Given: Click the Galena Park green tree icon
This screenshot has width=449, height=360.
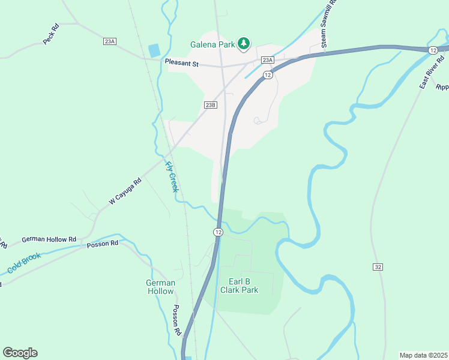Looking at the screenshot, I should pyautogui.click(x=244, y=43).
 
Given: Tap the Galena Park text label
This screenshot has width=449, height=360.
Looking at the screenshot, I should pyautogui.click(x=212, y=44).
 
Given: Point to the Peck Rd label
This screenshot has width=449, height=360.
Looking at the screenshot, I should pyautogui.click(x=51, y=34).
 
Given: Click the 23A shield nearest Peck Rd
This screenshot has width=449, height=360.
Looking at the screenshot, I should pyautogui.click(x=109, y=41).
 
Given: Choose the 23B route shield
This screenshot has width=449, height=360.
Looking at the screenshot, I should pyautogui.click(x=209, y=104).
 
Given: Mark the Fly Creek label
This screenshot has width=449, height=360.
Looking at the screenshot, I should pyautogui.click(x=172, y=176).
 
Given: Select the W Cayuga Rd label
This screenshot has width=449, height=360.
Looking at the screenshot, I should pyautogui.click(x=125, y=191).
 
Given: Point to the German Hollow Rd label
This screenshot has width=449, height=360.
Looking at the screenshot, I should pyautogui.click(x=49, y=239).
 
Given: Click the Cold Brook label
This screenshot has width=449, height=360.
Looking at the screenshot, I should pyautogui.click(x=24, y=263).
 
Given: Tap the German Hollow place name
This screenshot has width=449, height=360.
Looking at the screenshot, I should pyautogui.click(x=161, y=287).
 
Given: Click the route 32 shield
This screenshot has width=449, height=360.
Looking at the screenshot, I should pyautogui.click(x=378, y=266).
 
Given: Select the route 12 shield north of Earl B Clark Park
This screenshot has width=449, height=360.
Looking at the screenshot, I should pyautogui.click(x=218, y=232).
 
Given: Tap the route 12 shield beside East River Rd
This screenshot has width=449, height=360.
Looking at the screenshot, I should pyautogui.click(x=433, y=51).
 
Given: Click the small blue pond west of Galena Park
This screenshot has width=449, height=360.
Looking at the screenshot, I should pyautogui.click(x=154, y=50).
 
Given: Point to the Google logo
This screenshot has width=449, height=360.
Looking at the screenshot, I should pyautogui.click(x=20, y=353).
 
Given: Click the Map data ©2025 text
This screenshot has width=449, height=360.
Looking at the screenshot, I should pyautogui.click(x=423, y=355).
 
